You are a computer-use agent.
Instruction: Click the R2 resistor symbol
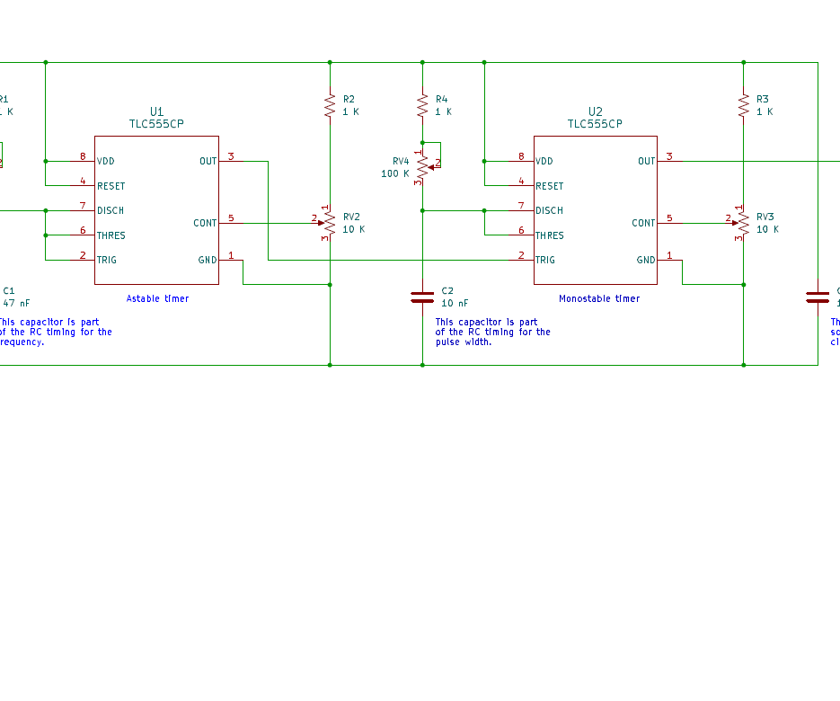[330, 106]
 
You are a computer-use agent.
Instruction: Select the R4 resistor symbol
[422, 106]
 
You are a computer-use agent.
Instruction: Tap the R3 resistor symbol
[743, 106]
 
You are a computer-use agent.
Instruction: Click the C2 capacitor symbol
[422, 297]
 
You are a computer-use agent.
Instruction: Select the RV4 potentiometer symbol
[422, 166]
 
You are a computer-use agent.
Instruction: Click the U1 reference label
[157, 111]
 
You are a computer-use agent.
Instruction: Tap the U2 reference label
[595, 111]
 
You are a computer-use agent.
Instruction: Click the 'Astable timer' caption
[158, 298]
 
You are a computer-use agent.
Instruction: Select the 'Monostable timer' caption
[599, 298]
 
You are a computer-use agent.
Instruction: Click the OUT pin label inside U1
[208, 161]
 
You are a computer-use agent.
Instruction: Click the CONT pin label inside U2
[643, 223]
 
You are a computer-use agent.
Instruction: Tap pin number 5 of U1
[231, 217]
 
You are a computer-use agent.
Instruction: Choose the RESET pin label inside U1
[111, 186]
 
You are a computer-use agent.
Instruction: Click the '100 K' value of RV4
[394, 173]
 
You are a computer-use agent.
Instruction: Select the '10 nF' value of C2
[455, 303]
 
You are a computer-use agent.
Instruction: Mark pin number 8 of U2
[521, 156]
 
